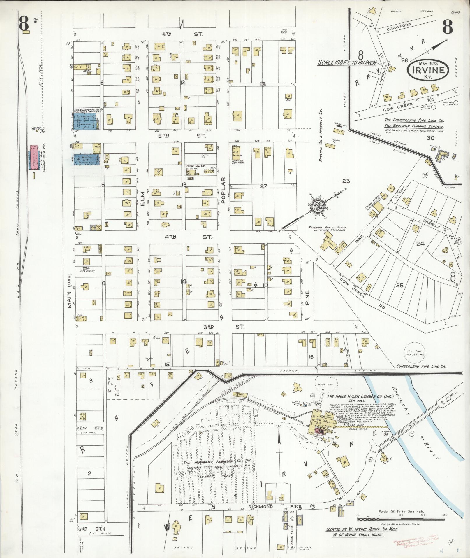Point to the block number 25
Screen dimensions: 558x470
[x=399, y=285]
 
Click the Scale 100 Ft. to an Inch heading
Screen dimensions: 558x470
[x=347, y=62]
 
